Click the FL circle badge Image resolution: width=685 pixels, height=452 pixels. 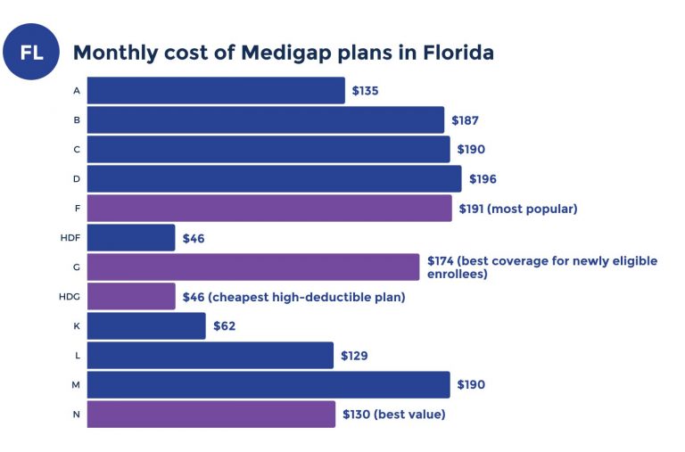[x=31, y=53]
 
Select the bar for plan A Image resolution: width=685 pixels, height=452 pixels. [x=216, y=90]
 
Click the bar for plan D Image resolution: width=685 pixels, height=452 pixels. [x=274, y=178]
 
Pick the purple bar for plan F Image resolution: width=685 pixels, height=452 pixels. [x=269, y=208]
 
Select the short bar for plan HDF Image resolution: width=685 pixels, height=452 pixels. [x=131, y=238]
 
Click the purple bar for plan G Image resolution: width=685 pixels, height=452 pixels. [x=253, y=267]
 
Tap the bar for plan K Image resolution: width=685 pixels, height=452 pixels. [x=146, y=325]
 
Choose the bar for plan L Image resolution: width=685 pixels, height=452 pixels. [x=210, y=355]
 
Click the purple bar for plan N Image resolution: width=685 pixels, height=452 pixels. [x=211, y=414]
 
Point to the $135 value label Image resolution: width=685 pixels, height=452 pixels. [x=366, y=91]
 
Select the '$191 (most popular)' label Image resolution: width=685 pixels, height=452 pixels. [x=518, y=209]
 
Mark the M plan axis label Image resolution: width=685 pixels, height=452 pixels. [x=77, y=384]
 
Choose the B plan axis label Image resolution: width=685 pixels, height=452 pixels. [x=77, y=120]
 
